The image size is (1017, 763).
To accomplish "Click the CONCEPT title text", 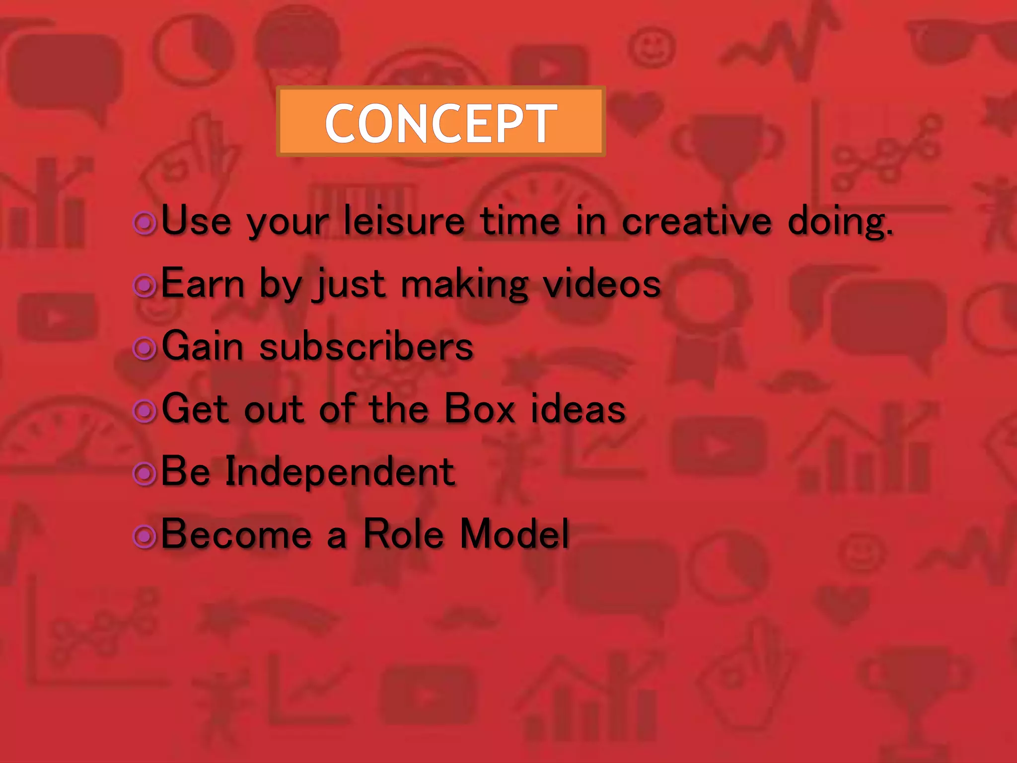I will (x=441, y=123).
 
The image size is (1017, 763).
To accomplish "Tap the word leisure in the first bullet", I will (x=404, y=221).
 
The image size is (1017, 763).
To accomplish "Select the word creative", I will (x=697, y=221).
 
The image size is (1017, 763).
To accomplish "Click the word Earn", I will (x=203, y=283).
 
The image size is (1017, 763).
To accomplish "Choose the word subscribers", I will (x=366, y=346).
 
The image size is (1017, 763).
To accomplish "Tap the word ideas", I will (x=578, y=408).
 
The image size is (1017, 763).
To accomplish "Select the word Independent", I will (x=340, y=471).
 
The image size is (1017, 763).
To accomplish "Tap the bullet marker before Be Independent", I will (x=145, y=473).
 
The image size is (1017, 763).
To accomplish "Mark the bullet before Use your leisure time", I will (x=145, y=223).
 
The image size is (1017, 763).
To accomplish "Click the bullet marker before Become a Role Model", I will (x=145, y=536).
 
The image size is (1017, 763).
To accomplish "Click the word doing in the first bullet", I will (x=840, y=222).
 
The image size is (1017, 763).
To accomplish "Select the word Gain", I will (x=203, y=346).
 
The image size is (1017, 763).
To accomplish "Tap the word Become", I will (x=236, y=534).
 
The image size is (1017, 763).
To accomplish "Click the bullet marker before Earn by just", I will (x=145, y=286).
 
